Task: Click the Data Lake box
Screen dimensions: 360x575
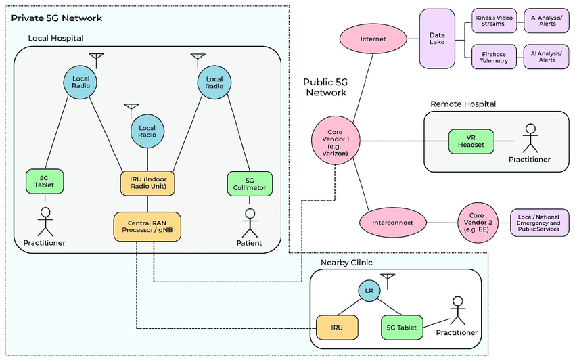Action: point(437,39)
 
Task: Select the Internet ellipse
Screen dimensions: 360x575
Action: point(373,39)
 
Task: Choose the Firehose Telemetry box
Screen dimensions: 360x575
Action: point(492,56)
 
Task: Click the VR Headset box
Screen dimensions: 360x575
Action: point(471,141)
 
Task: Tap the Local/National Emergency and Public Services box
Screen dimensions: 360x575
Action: point(539,222)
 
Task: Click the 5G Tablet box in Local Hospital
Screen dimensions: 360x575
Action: point(45,181)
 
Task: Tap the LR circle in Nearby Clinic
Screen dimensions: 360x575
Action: point(369,291)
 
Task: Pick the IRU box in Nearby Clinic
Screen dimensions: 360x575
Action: point(337,327)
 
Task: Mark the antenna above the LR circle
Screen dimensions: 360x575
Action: point(387,278)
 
